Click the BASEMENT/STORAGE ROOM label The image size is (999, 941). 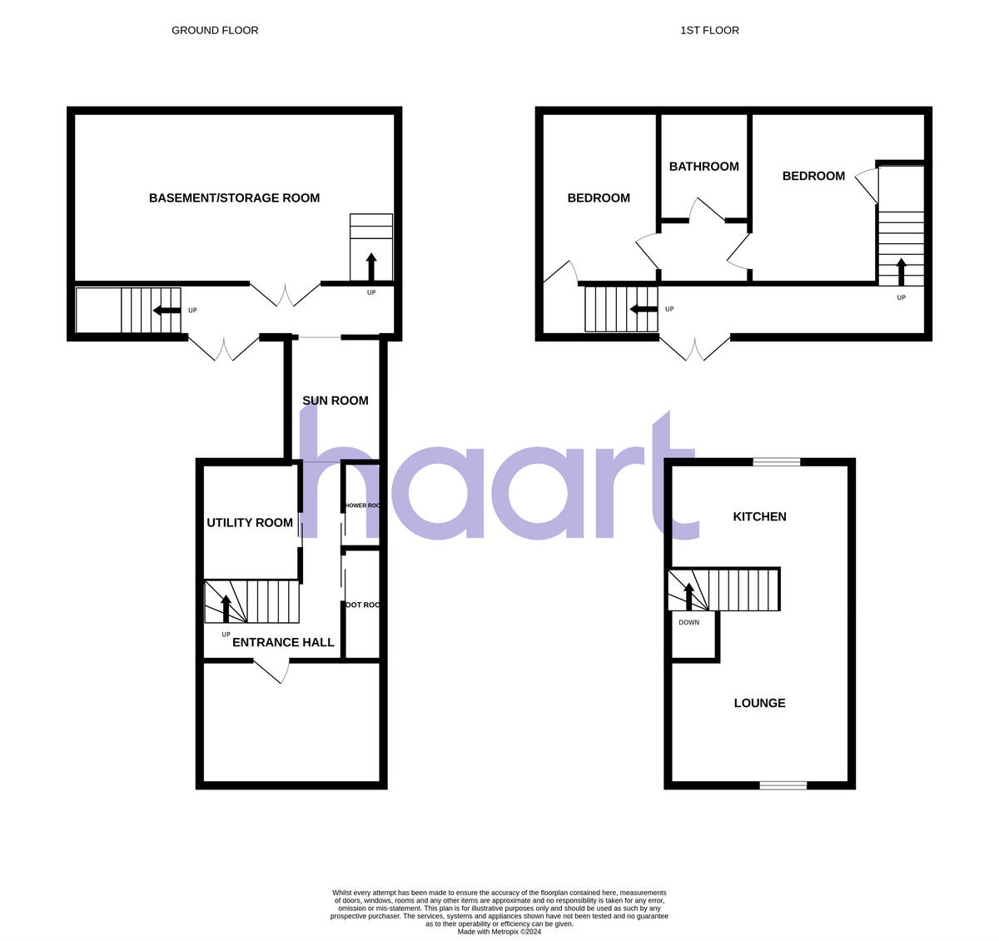(234, 198)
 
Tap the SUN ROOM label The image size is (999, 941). (335, 401)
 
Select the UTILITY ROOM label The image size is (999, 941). (250, 523)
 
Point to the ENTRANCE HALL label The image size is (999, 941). (283, 642)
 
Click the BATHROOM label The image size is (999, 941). (703, 167)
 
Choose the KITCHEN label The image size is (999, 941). (759, 516)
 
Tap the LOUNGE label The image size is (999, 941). (759, 703)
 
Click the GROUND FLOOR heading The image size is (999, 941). (215, 30)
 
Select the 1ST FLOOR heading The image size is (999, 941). (709, 30)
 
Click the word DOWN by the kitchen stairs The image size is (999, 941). (688, 622)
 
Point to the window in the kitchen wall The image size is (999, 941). (777, 461)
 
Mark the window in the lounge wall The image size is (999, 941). (783, 784)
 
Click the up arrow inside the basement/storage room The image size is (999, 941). (371, 267)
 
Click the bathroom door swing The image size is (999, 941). (705, 210)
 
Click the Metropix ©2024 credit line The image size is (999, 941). (499, 932)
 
